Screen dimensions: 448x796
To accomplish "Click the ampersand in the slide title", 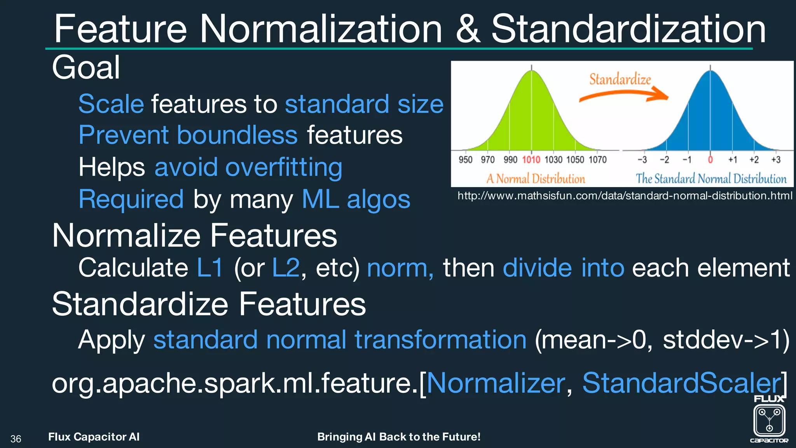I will point(468,30).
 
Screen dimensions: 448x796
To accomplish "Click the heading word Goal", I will point(86,68).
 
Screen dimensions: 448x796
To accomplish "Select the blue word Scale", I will point(111,104).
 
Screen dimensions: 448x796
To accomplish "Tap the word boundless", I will point(237,135).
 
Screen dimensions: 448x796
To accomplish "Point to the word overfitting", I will point(284,167).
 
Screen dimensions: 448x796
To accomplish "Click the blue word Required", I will point(131,199).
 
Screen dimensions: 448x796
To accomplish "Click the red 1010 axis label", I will point(531,160).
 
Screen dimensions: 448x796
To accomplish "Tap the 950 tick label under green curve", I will point(465,160).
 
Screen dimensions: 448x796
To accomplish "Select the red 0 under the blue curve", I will point(710,160).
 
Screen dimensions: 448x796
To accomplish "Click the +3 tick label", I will point(776,160).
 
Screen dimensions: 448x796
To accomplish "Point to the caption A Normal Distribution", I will point(536,179).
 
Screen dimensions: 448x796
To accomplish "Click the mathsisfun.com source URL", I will point(625,196).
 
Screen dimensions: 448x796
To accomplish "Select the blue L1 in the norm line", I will point(210,268).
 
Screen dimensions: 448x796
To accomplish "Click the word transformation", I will point(440,339).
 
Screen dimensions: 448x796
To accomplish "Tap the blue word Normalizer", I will point(496,383).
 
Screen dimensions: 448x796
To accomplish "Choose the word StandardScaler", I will point(681,383).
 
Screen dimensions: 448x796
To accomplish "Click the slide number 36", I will point(16,439).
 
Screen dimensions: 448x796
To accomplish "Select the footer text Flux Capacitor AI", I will point(94,437).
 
